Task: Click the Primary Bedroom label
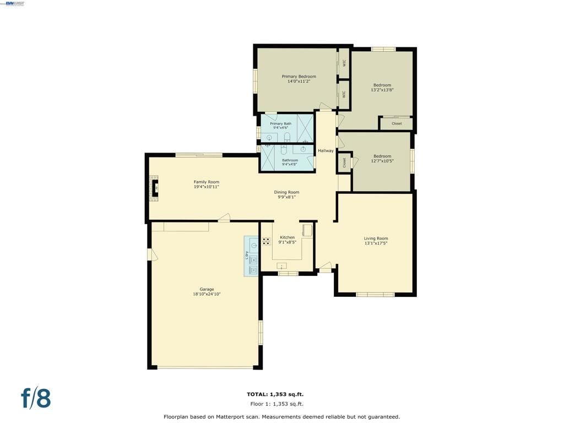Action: point(299,77)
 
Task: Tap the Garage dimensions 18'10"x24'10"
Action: point(207,294)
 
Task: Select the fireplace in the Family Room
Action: point(155,188)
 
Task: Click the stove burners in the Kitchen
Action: point(267,241)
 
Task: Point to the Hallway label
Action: point(326,151)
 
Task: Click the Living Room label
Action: point(376,238)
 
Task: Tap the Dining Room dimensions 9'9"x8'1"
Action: point(286,197)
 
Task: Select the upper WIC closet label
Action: point(344,63)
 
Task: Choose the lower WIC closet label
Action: point(344,94)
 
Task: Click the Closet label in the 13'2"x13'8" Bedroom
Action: point(397,123)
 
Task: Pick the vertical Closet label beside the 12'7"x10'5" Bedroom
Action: point(345,162)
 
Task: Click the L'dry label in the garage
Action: point(246,255)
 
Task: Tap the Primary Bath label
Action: point(280,124)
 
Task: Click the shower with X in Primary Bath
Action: point(305,128)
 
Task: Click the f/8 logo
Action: point(36,398)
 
